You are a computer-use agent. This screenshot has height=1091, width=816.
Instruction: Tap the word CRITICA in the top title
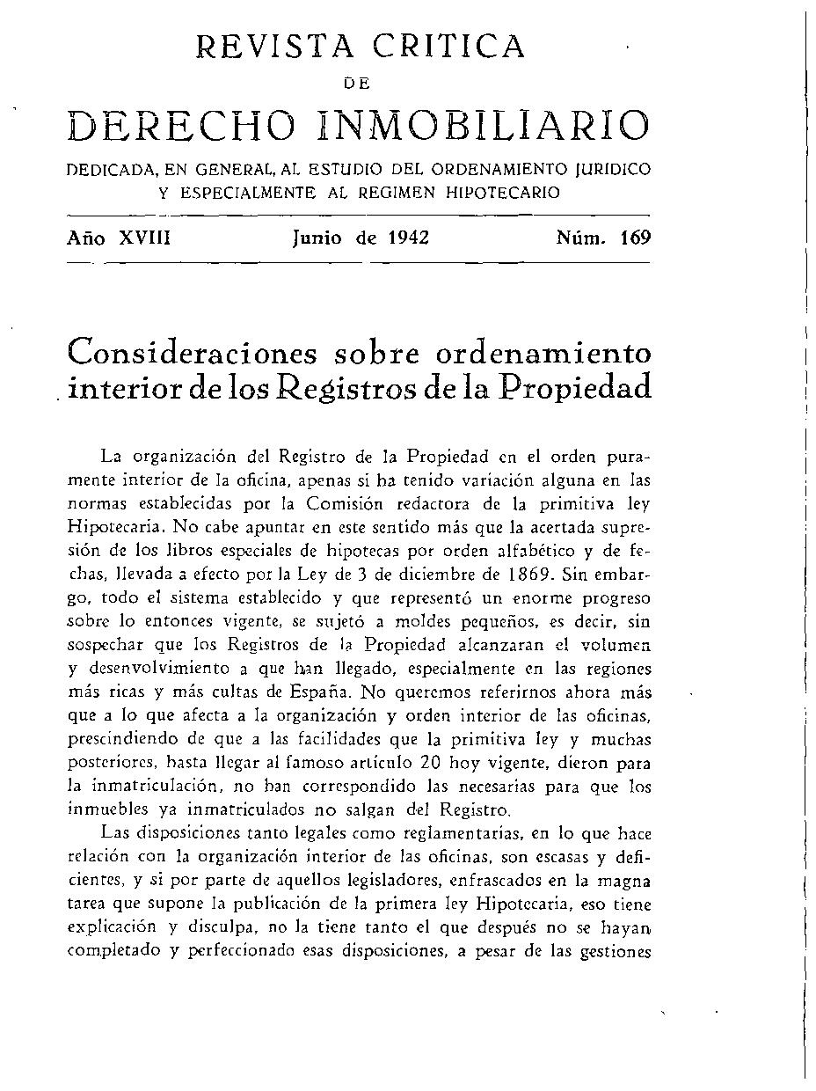click(449, 46)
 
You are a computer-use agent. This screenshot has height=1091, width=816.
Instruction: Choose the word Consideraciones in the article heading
click(190, 353)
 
